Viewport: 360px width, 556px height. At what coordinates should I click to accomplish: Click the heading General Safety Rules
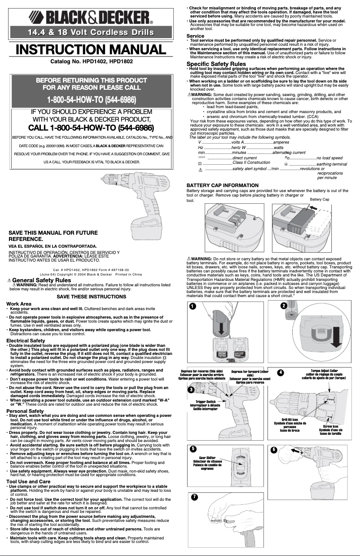[x=41, y=280]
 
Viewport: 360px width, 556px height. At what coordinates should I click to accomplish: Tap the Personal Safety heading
[x=25, y=411]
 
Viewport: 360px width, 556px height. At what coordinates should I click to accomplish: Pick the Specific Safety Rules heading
[x=216, y=64]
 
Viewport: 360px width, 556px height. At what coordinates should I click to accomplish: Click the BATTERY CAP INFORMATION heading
[x=222, y=185]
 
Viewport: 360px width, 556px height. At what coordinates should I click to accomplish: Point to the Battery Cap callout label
[x=320, y=199]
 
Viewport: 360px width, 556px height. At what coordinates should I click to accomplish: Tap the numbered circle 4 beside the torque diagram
[x=281, y=372]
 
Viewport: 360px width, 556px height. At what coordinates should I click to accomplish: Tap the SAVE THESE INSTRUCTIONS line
[x=91, y=297]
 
